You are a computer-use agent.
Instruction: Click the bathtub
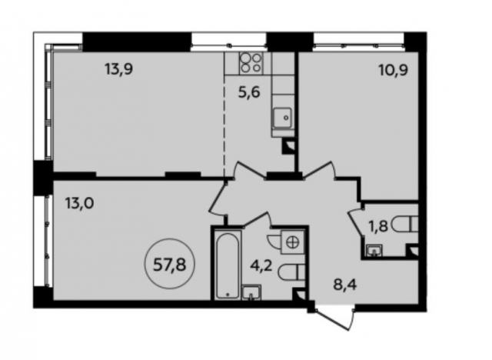click(x=228, y=266)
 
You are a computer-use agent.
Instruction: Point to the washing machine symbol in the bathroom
click(x=292, y=242)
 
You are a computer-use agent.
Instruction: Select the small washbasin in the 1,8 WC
click(x=374, y=249)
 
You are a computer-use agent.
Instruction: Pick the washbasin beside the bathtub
click(x=251, y=291)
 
